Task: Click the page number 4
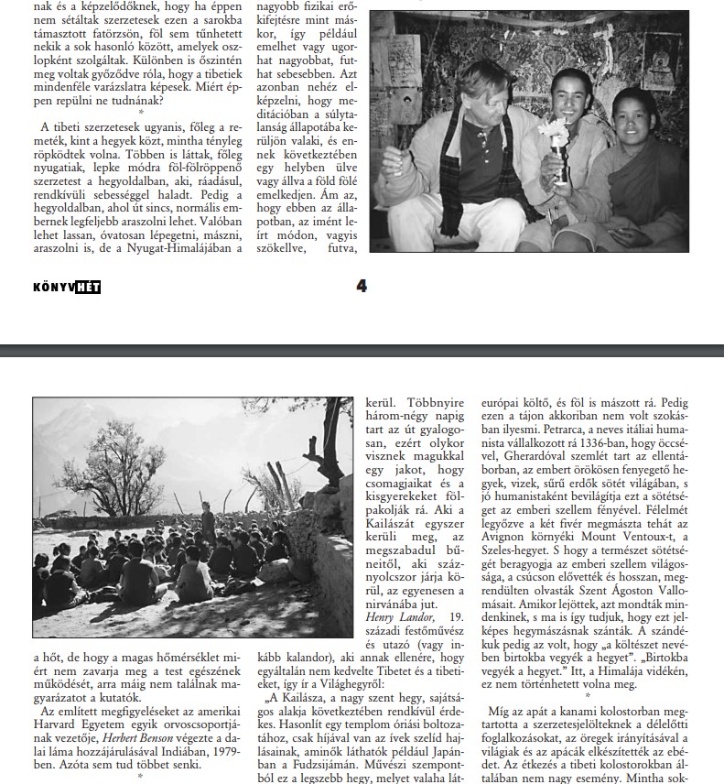click(362, 286)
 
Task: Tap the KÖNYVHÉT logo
click(66, 287)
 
